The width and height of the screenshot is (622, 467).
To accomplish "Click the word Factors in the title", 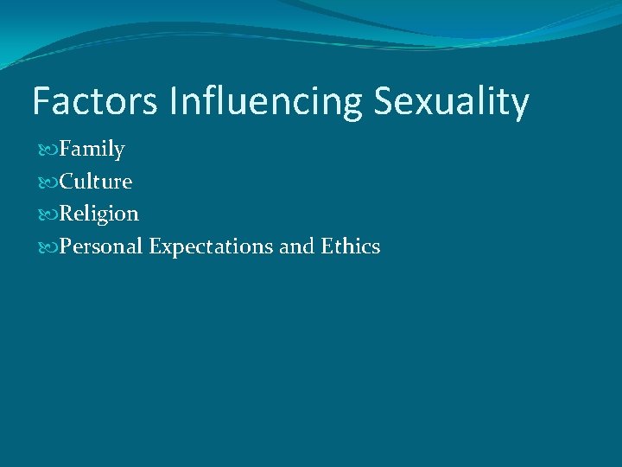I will [x=95, y=102].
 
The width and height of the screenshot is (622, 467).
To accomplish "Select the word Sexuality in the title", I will [x=451, y=102].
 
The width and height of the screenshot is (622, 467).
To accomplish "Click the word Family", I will [x=92, y=150].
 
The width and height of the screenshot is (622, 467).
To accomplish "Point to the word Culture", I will [x=95, y=182].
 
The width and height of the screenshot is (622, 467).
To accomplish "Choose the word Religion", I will [x=98, y=214].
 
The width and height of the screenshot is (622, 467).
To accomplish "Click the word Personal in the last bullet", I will [x=101, y=246].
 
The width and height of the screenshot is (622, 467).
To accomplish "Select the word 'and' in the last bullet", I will [x=296, y=246].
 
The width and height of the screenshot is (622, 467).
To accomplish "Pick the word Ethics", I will [x=351, y=246].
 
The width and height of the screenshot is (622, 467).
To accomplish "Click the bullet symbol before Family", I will [x=48, y=150].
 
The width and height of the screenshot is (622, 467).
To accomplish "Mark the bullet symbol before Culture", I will [x=48, y=182].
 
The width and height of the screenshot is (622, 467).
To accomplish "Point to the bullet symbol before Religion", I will [x=48, y=214].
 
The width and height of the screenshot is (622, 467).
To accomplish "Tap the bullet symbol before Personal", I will [x=48, y=247].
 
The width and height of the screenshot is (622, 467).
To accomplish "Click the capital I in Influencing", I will [x=175, y=102].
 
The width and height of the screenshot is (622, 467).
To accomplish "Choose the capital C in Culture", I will [x=67, y=182].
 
